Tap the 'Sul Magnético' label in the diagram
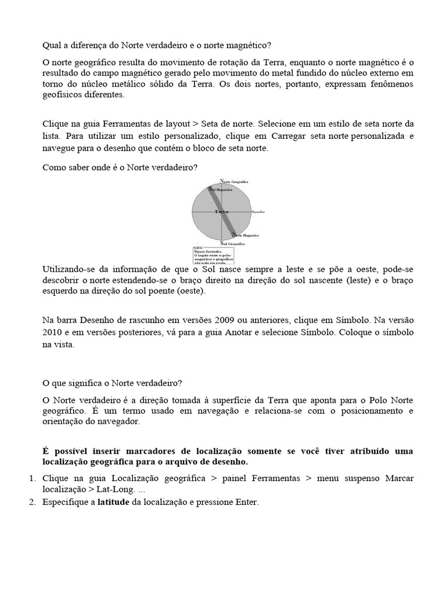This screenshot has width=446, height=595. [x=221, y=190]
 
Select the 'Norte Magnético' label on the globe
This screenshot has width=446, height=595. [x=246, y=235]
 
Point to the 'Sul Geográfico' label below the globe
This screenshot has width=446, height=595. [x=232, y=243]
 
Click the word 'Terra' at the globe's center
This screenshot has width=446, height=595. [x=221, y=213]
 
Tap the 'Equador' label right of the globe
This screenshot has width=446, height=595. [x=259, y=213]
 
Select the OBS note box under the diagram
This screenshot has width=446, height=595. [x=213, y=255]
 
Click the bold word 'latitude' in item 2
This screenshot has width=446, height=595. [x=113, y=502]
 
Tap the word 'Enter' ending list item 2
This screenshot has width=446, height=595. [x=245, y=502]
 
